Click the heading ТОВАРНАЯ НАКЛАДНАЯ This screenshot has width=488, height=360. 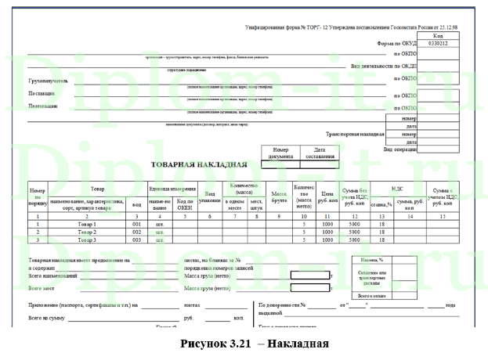click(199, 165)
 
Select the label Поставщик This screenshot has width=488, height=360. click(43, 94)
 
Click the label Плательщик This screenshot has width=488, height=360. click(44, 106)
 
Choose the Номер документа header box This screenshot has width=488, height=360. click(280, 152)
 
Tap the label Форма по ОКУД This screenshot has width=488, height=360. click(392, 45)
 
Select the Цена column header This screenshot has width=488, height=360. click(327, 196)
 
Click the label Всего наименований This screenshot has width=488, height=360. click(52, 275)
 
